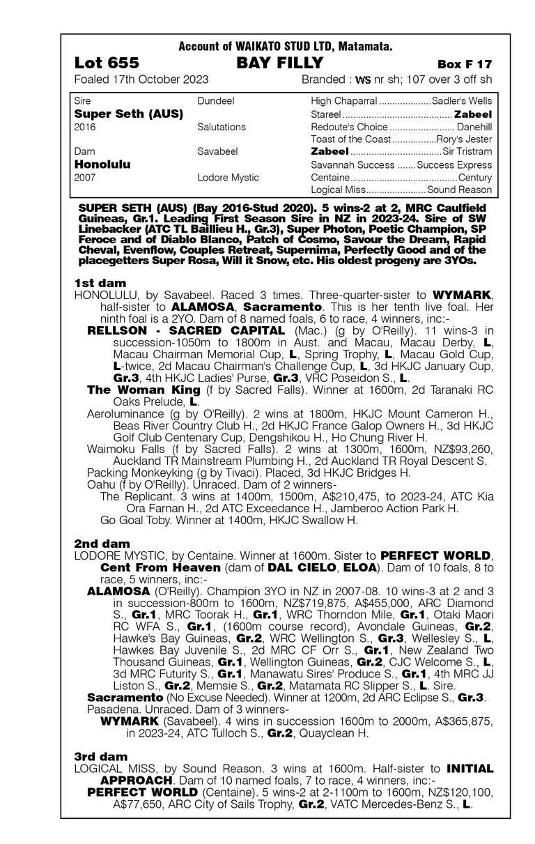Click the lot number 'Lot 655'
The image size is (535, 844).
pyautogui.click(x=106, y=63)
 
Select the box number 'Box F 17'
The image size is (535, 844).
pyautogui.click(x=465, y=64)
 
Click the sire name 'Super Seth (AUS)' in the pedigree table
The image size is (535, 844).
pyautogui.click(x=128, y=114)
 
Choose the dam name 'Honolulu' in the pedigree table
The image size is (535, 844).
pyautogui.click(x=102, y=164)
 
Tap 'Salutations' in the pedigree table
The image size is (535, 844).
pyautogui.click(x=222, y=127)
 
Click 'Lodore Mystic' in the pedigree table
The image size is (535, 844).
pyautogui.click(x=228, y=178)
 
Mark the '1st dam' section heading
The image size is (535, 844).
pyautogui.click(x=100, y=282)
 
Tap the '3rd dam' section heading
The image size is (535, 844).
pyautogui.click(x=101, y=756)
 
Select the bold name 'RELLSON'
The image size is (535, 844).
pyautogui.click(x=114, y=330)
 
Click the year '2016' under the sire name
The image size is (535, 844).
pyautogui.click(x=85, y=127)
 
